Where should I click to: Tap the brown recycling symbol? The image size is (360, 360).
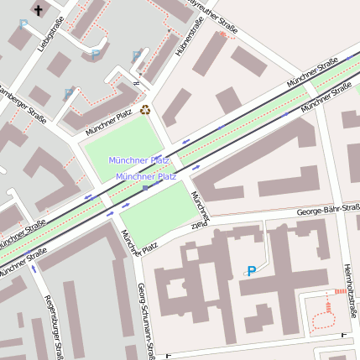(145, 109)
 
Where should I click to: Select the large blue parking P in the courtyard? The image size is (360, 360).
(251, 271)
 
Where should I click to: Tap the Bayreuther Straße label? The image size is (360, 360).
(211, 12)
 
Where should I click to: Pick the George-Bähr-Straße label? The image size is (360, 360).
(327, 210)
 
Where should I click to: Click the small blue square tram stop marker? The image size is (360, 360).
(145, 188)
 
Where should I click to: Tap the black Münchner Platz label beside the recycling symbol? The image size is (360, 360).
(108, 123)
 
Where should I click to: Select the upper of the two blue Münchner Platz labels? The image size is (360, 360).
(138, 159)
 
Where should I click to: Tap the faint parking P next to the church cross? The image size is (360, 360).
(23, 25)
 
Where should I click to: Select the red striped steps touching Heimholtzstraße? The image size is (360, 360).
(339, 291)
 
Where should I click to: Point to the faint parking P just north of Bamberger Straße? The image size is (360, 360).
(68, 94)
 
